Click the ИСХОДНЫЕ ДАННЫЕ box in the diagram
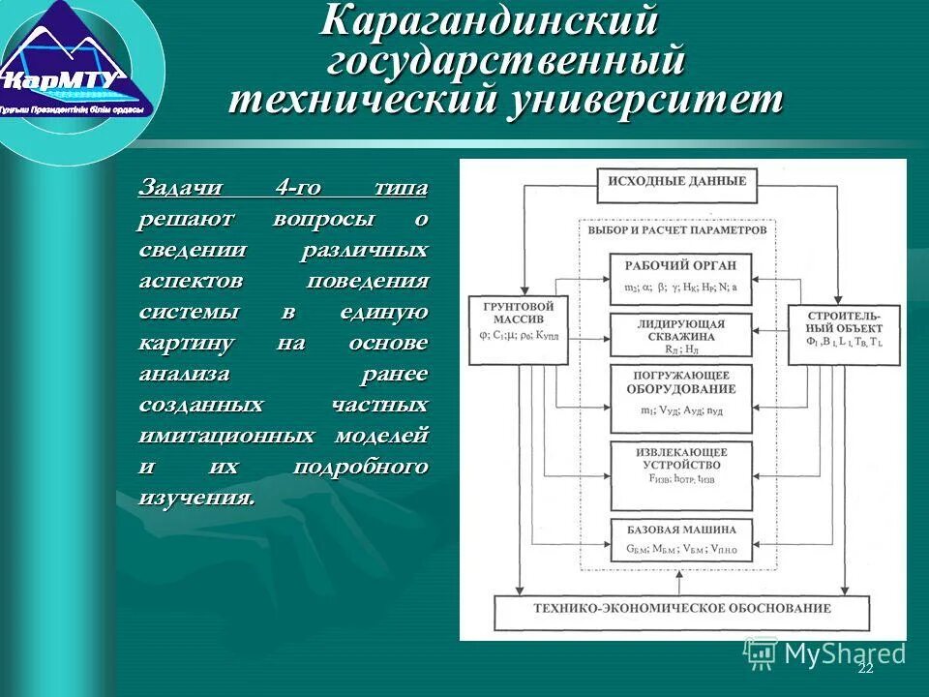click(x=676, y=181)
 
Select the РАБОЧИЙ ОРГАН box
click(x=680, y=275)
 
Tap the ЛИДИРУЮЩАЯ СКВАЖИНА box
click(x=680, y=335)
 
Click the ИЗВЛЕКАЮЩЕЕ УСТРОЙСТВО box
click(x=680, y=474)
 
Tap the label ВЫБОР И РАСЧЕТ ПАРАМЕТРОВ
click(x=676, y=230)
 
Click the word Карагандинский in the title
click(x=489, y=21)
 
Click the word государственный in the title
click(x=506, y=61)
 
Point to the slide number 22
click(x=865, y=669)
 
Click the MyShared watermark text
click(x=844, y=653)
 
